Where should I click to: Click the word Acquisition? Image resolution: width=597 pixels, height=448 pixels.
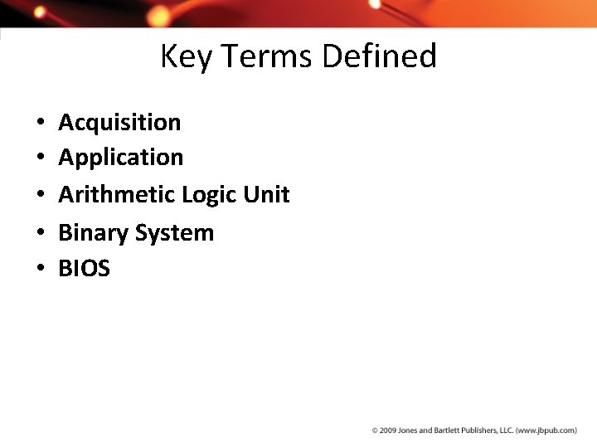click(x=119, y=123)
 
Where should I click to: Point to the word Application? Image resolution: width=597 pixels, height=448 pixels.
click(x=121, y=158)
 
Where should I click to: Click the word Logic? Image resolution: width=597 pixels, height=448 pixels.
click(x=210, y=195)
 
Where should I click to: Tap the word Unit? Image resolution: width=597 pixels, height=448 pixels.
click(x=266, y=194)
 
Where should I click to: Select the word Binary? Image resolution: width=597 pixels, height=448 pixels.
click(x=94, y=233)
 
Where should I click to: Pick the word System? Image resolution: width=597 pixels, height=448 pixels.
click(x=175, y=233)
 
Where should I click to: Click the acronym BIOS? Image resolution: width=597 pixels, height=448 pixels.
click(x=84, y=268)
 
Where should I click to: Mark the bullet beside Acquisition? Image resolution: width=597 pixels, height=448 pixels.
click(x=40, y=124)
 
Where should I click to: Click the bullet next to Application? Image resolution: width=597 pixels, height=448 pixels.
click(x=40, y=158)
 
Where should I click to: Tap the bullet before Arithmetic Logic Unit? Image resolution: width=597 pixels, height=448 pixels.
click(x=40, y=195)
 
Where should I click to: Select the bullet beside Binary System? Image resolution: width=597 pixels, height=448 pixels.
click(x=40, y=233)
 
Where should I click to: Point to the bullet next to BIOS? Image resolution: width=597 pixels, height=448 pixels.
click(x=40, y=269)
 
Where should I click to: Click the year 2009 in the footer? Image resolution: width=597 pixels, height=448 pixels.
click(x=390, y=431)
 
